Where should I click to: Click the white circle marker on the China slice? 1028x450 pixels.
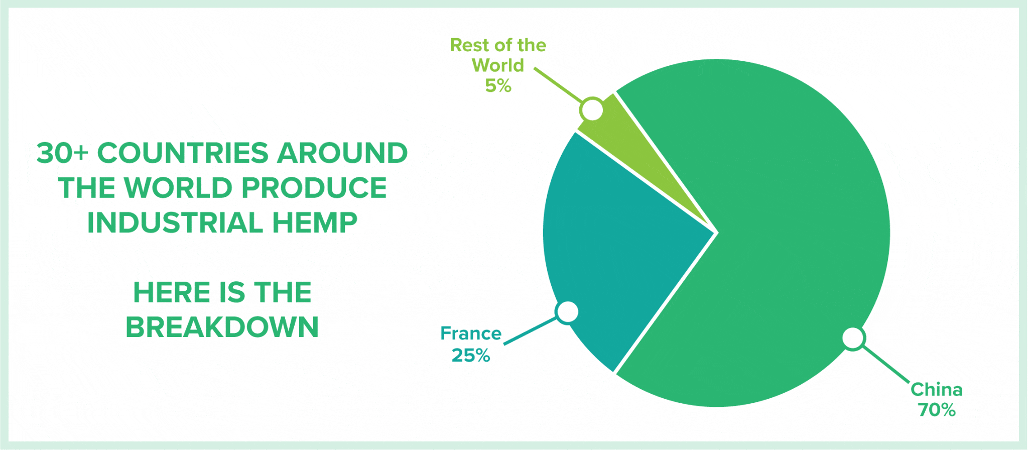(853, 339)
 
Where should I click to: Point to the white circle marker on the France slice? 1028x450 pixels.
(568, 312)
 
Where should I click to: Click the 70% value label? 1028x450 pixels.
(937, 410)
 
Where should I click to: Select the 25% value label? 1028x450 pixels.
(471, 356)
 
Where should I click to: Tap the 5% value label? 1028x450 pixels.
(498, 86)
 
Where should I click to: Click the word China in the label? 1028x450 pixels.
(937, 390)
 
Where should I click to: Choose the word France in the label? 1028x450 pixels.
(471, 333)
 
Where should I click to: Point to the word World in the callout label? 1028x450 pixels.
(498, 65)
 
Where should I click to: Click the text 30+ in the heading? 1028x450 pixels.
(63, 153)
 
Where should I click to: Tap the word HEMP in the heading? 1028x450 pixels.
(315, 222)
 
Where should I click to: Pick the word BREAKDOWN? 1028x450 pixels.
(222, 327)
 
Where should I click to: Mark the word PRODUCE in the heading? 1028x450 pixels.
(314, 188)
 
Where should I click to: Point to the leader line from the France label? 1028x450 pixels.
(531, 331)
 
